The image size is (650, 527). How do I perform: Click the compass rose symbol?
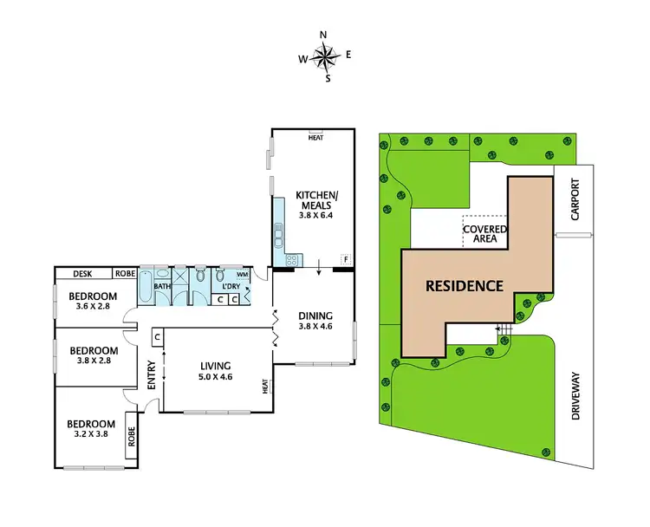(325, 57)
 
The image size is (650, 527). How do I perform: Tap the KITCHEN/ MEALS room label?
(313, 200)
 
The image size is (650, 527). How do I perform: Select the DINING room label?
(313, 316)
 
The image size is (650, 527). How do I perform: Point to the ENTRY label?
(151, 374)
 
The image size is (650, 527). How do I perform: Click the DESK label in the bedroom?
(82, 273)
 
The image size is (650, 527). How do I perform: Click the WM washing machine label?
(242, 274)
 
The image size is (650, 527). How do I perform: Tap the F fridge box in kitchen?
(345, 259)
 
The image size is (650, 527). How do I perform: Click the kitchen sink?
(278, 234)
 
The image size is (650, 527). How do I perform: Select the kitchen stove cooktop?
(292, 258)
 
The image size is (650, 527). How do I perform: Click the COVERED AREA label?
(484, 232)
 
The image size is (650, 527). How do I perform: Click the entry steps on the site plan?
(504, 330)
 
